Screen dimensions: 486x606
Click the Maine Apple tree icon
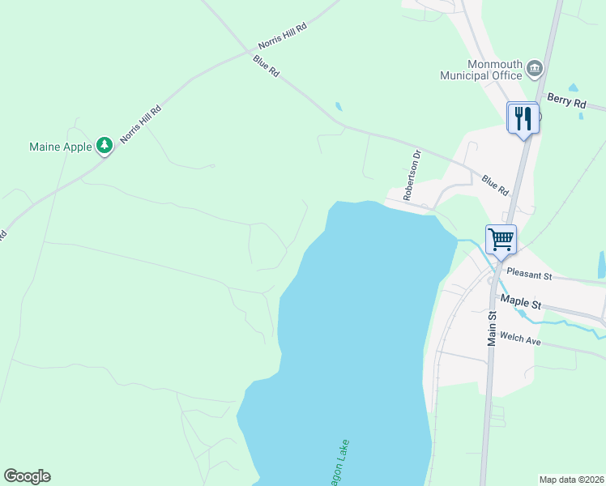point(104,146)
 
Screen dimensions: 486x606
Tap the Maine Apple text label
point(61,147)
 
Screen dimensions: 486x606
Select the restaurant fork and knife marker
point(523,118)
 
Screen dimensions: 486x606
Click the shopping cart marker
point(501,239)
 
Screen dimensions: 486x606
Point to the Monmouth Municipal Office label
point(481,70)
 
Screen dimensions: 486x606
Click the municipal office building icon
point(534,68)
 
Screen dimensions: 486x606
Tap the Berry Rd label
point(566,101)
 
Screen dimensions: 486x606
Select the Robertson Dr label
point(413,174)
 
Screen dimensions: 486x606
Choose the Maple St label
point(521,301)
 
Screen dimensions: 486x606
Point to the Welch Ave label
point(520,339)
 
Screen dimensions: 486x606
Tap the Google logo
point(27,476)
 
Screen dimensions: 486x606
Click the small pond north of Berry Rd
point(574,87)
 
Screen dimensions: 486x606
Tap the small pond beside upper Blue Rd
point(338,106)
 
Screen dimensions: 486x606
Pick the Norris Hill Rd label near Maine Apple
point(140,124)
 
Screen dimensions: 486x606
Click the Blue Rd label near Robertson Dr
point(494,185)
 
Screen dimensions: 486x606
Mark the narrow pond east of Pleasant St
point(601,264)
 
